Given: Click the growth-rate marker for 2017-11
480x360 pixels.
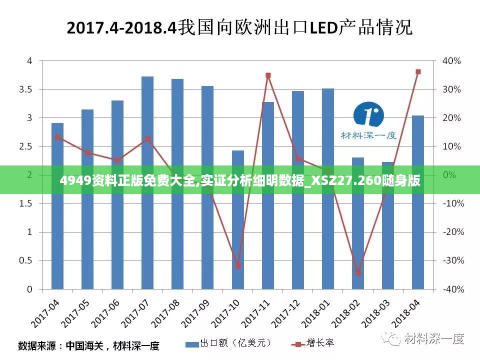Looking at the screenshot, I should tap(268, 75).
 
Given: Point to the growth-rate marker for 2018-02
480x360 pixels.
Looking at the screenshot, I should tap(358, 273).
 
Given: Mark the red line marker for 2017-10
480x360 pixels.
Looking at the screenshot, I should tap(238, 266).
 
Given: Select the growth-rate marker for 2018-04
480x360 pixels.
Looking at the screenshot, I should tap(418, 72).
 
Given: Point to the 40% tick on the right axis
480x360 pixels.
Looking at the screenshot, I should tap(451, 61).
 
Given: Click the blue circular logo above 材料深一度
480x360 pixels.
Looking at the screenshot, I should tap(368, 115).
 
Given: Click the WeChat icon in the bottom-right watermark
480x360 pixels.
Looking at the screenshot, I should tap(392, 338).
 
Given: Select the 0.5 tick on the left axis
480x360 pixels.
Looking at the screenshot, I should tap(26, 260).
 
